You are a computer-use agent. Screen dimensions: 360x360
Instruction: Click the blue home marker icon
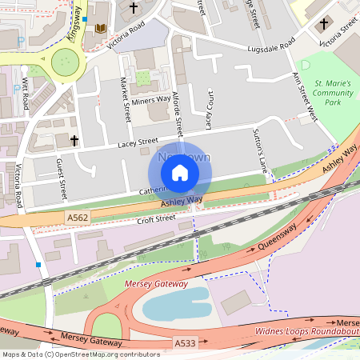pos(180,173)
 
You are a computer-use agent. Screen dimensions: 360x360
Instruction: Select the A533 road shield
pos(186,343)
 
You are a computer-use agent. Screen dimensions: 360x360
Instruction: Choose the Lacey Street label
pos(138,142)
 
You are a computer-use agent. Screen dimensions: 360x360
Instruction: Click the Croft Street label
pos(156,219)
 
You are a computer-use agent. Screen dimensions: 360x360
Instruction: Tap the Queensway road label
pos(279,238)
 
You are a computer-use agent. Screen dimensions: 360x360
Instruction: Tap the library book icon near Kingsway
pos(101,29)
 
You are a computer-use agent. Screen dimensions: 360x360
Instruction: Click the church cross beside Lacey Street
pos(74,141)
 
